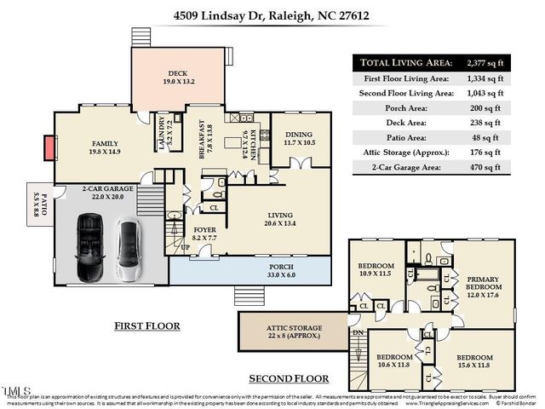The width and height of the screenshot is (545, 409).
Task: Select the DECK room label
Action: coord(178,74)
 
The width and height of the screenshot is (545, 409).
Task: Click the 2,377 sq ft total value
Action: coord(486,62)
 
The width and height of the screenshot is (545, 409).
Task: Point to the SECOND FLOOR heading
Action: coord(289,377)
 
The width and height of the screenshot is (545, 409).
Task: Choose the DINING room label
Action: coord(298,135)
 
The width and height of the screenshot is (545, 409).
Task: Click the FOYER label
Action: coord(204,231)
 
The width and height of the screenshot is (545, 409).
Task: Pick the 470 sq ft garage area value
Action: coord(486,169)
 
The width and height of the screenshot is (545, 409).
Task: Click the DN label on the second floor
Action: coord(359,332)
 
